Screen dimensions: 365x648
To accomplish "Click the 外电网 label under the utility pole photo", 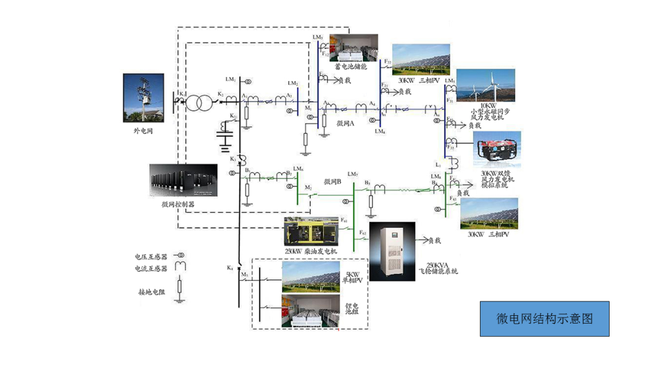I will click(x=143, y=130).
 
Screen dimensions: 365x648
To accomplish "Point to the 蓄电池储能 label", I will click(x=351, y=67).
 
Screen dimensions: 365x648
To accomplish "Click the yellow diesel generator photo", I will click(x=312, y=231).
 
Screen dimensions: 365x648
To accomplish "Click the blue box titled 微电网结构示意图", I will click(x=544, y=319).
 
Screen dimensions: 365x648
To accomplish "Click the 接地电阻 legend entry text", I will click(x=151, y=292).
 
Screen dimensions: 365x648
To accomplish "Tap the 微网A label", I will click(x=346, y=122).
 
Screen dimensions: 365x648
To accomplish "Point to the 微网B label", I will click(x=332, y=182).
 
